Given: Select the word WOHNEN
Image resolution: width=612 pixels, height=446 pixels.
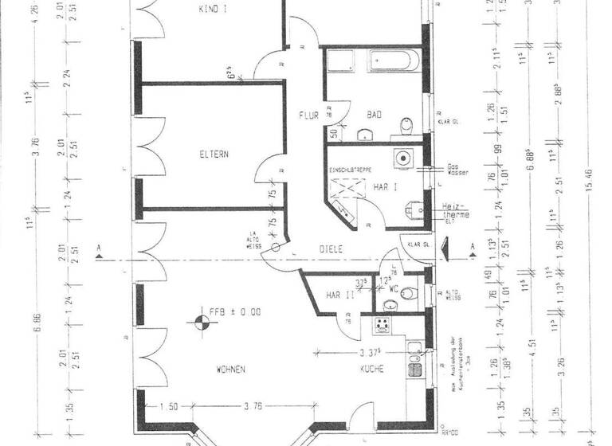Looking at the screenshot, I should (x=229, y=370).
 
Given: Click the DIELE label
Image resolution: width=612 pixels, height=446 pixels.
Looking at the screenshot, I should (x=331, y=248).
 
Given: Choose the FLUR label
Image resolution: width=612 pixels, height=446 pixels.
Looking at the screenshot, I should (x=308, y=115).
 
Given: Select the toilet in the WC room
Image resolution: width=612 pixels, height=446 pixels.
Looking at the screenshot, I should (x=409, y=295).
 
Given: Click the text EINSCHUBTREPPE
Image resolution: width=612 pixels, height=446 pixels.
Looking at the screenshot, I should (x=349, y=170).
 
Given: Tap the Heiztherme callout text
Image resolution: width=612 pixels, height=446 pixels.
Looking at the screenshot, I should (x=455, y=211).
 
